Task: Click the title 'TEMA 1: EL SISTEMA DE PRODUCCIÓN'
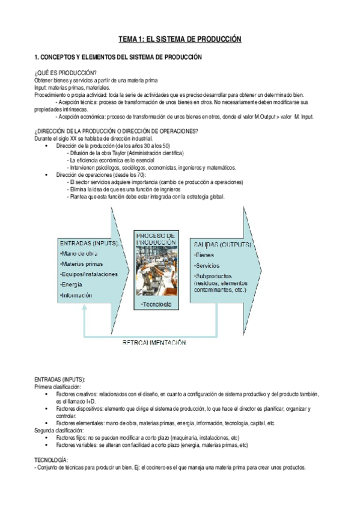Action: (180, 39)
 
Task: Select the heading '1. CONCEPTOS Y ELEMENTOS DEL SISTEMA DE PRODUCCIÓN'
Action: (118, 57)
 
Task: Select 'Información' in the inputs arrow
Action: (77, 295)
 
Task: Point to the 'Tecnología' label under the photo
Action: (156, 304)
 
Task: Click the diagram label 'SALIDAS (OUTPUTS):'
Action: (222, 244)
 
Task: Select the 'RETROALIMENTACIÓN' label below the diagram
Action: (154, 342)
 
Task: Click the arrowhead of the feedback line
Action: (85, 307)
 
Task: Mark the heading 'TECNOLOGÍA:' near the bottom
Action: (51, 459)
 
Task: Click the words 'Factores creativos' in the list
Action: (77, 394)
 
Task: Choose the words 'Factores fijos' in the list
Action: (72, 438)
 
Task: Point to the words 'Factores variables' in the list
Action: (77, 445)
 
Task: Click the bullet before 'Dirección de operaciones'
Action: (47, 174)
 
